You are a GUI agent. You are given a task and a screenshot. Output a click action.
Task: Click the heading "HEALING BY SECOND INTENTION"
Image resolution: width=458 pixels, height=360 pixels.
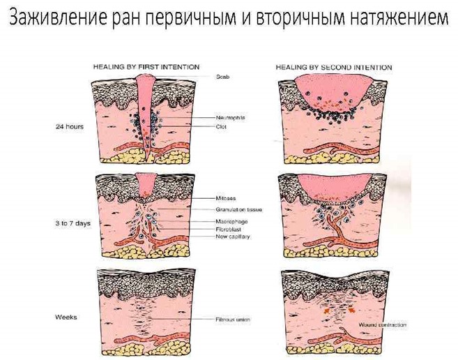pos(333,67)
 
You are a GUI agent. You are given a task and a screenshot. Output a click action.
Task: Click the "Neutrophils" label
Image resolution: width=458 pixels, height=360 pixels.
pos(230,119)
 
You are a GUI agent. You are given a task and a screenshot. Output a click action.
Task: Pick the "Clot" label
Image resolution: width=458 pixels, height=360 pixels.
pos(221,127)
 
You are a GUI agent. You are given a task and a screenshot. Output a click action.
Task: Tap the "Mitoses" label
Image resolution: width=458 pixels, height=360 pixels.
pos(224,200)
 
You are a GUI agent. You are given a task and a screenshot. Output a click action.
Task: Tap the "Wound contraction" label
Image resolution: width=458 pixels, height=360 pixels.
pos(383,325)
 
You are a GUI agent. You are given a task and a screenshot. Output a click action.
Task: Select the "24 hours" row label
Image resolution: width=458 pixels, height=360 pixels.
pos(70,127)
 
